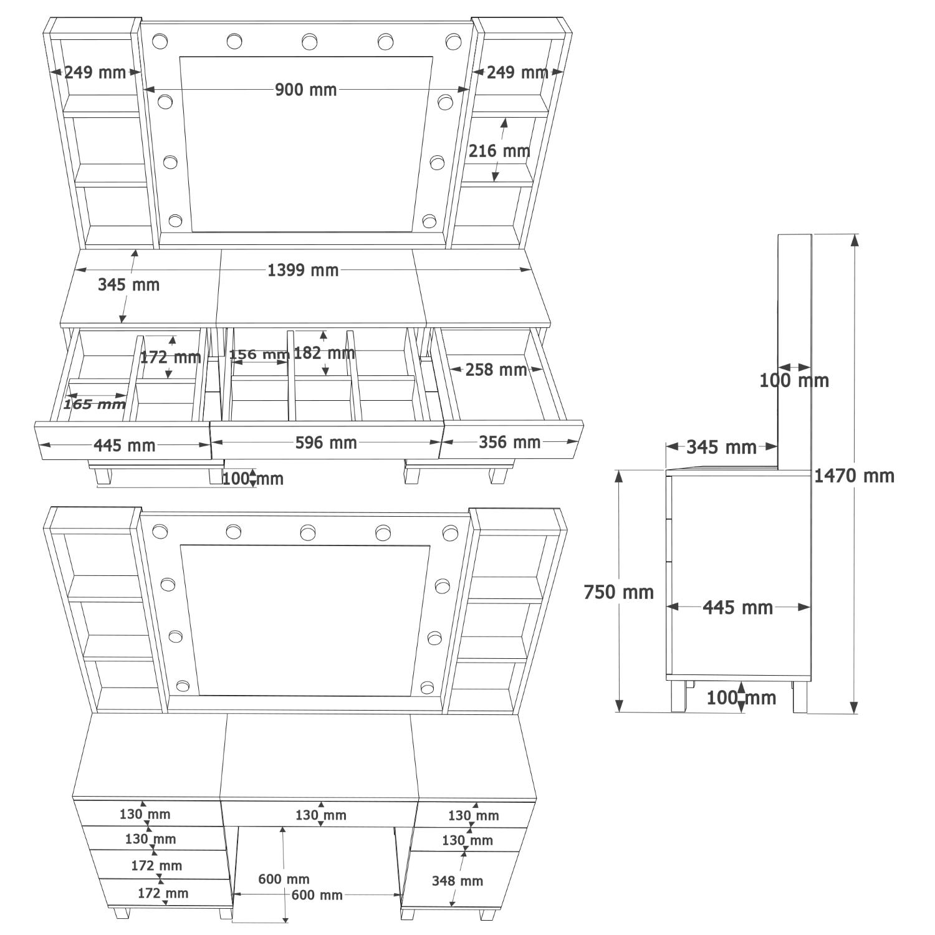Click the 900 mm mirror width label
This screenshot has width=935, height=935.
pos(305,90)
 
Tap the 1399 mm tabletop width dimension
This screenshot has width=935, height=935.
pos(303,270)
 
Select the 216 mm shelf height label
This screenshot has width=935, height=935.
pos(499,151)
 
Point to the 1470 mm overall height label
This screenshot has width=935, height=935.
pos(854,476)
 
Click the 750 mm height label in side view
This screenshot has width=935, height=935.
pos(618,592)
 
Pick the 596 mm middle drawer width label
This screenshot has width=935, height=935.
pos(326,443)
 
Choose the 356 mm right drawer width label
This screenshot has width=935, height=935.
pos(509,442)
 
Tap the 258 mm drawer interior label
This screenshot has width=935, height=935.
pos(496,370)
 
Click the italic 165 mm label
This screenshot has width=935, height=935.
pos(95,405)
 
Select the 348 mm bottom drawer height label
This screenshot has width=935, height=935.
pos(458,881)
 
